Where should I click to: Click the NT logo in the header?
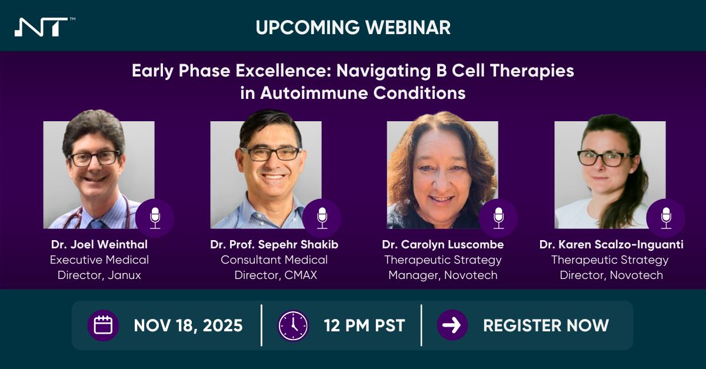(x=41, y=27)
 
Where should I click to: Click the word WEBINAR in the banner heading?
(x=408, y=28)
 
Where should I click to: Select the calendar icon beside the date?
(x=103, y=325)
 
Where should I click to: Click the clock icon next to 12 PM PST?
(x=293, y=325)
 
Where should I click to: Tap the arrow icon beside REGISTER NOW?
(x=452, y=325)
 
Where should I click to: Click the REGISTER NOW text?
(x=546, y=325)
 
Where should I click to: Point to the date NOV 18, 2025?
(x=188, y=326)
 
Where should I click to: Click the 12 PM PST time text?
(x=364, y=325)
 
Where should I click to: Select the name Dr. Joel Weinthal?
(x=99, y=244)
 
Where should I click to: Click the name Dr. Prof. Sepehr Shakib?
(x=274, y=245)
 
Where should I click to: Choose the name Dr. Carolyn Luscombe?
(x=443, y=245)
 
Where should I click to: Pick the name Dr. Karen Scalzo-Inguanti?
(x=611, y=245)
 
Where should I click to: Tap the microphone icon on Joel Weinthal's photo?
(x=155, y=218)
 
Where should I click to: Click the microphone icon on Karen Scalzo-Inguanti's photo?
(x=665, y=218)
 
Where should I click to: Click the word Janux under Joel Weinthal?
(x=124, y=275)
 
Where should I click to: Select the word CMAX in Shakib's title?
(x=301, y=275)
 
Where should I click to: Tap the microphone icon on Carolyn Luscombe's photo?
(x=498, y=218)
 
